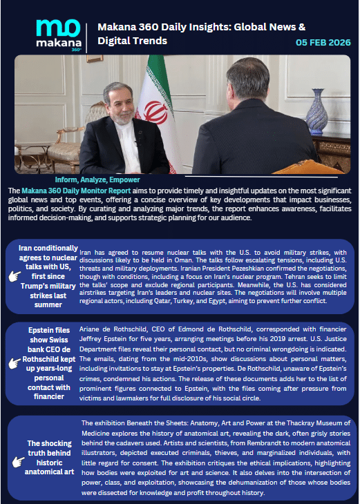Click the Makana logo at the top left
tap(57, 34)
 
